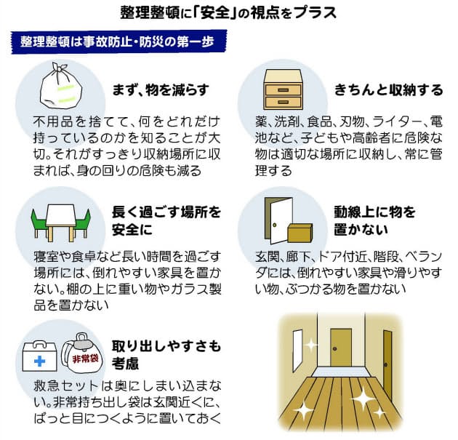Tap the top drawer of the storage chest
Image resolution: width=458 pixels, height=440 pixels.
click(283, 89)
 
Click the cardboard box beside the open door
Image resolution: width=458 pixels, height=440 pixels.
click(300, 233)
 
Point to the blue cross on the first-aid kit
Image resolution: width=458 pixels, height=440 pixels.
click(39, 361)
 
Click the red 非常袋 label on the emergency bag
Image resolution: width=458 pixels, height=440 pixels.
click(85, 359)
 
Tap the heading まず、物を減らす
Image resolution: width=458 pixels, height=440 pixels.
click(161, 89)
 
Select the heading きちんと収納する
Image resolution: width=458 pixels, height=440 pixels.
click(388, 89)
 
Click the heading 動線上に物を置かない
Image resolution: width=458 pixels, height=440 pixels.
click(374, 221)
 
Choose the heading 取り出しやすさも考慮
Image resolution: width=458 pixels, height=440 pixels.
click(166, 355)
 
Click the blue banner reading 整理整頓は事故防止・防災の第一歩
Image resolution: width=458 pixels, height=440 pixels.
click(119, 41)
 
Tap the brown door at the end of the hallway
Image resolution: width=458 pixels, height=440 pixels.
click(341, 348)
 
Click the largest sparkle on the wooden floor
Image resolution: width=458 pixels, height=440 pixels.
click(363, 399)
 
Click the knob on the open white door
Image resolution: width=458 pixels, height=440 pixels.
click(274, 225)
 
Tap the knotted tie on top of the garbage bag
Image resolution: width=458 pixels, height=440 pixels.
click(60, 68)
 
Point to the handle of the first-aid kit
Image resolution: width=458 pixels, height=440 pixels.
click(40, 344)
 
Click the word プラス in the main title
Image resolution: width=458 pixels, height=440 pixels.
click(316, 12)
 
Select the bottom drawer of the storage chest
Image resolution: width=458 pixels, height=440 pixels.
click(283, 102)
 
